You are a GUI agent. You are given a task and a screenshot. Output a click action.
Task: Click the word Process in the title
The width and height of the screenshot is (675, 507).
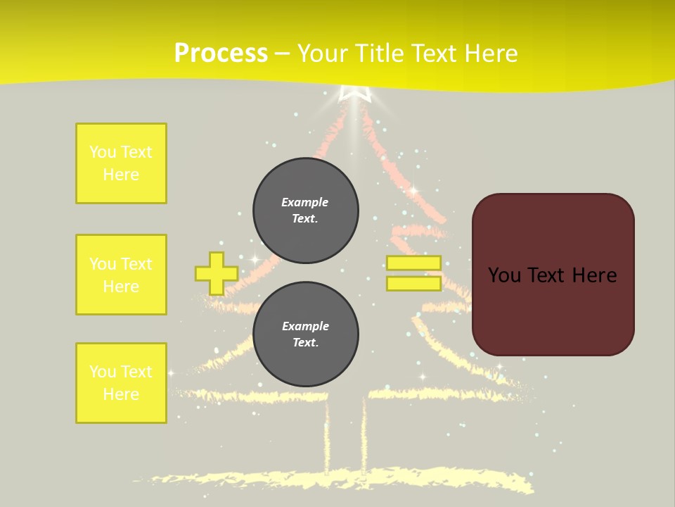click(x=221, y=54)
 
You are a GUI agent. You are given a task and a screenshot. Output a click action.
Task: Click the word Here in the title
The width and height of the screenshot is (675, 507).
click(x=487, y=54)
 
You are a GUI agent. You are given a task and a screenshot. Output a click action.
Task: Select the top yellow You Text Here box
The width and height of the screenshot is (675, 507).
click(x=121, y=163)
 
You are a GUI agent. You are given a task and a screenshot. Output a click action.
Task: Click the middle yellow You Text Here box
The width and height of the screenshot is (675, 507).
click(x=121, y=275)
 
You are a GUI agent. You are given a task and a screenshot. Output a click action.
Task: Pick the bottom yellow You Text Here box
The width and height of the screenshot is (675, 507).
click(x=121, y=383)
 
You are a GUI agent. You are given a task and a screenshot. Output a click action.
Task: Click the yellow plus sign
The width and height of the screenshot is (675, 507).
click(x=216, y=273)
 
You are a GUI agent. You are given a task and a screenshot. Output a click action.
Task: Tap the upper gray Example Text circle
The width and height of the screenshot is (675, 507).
click(x=306, y=211)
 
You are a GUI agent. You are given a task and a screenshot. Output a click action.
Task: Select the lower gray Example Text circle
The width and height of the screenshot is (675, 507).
click(x=306, y=334)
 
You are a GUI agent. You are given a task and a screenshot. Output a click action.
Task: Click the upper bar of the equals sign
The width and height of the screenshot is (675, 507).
click(x=413, y=263)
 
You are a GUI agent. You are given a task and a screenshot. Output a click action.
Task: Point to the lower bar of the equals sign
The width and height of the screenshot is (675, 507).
click(x=413, y=284)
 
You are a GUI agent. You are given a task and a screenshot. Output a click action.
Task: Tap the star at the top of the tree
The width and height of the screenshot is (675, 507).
click(x=354, y=94)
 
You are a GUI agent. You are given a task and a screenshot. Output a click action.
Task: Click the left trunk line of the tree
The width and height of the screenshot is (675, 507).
click(x=327, y=437)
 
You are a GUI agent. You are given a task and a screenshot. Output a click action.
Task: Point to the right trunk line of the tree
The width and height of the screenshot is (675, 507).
click(x=364, y=437)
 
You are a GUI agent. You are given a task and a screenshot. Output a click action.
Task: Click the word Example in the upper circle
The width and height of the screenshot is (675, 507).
click(x=305, y=202)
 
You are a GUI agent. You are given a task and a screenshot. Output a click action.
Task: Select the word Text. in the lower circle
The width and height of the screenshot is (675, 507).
click(x=305, y=343)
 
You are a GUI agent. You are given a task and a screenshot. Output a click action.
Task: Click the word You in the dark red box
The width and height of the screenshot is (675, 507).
click(x=504, y=275)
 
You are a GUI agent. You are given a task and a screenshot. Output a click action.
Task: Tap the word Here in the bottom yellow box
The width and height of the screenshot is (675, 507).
click(x=121, y=394)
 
